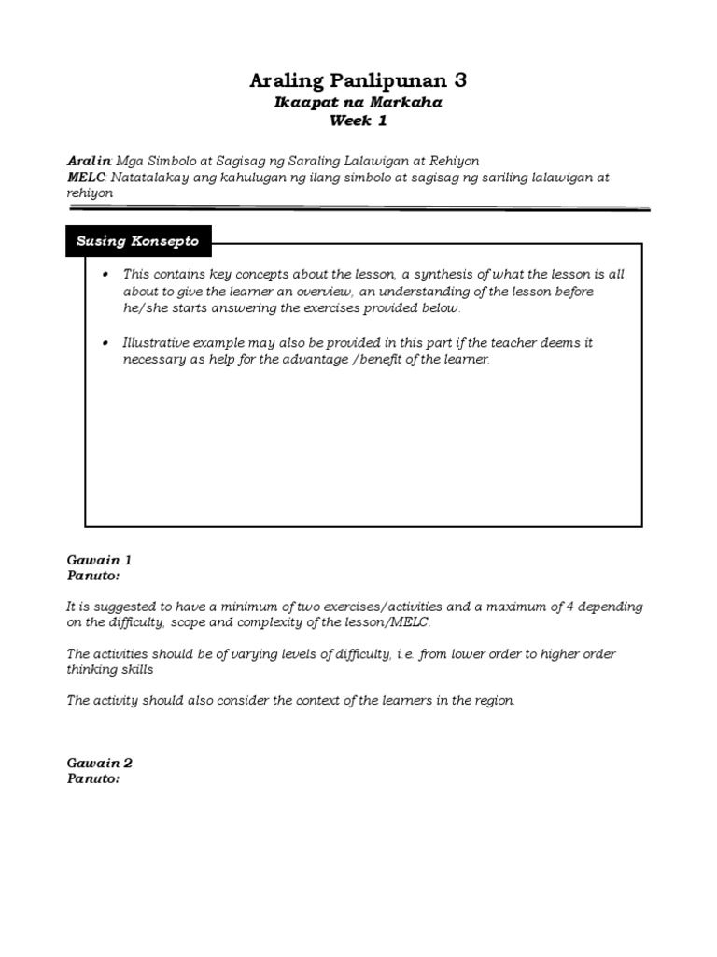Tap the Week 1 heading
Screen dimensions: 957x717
coord(358,121)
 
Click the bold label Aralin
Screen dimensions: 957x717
coord(89,161)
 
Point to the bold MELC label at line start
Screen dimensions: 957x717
coord(87,177)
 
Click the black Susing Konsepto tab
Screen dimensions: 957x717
coord(138,241)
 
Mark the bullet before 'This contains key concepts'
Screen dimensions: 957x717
coord(106,275)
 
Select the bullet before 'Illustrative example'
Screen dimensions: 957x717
coord(106,343)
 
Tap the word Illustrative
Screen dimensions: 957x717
coord(155,343)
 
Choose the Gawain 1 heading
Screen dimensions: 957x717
coord(99,560)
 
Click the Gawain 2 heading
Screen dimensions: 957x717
coord(99,763)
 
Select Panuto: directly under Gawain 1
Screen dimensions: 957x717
coord(93,576)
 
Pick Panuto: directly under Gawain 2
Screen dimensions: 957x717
coord(93,778)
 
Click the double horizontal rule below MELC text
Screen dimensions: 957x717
coord(358,208)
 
